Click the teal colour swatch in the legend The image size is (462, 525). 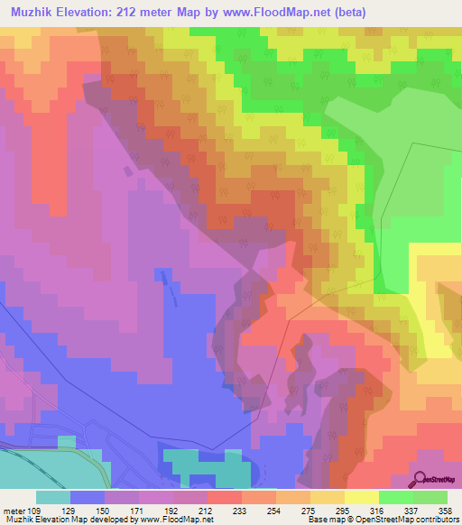(x=53, y=497)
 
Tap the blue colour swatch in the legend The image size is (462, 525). (x=88, y=497)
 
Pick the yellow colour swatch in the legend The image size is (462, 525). (x=362, y=497)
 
